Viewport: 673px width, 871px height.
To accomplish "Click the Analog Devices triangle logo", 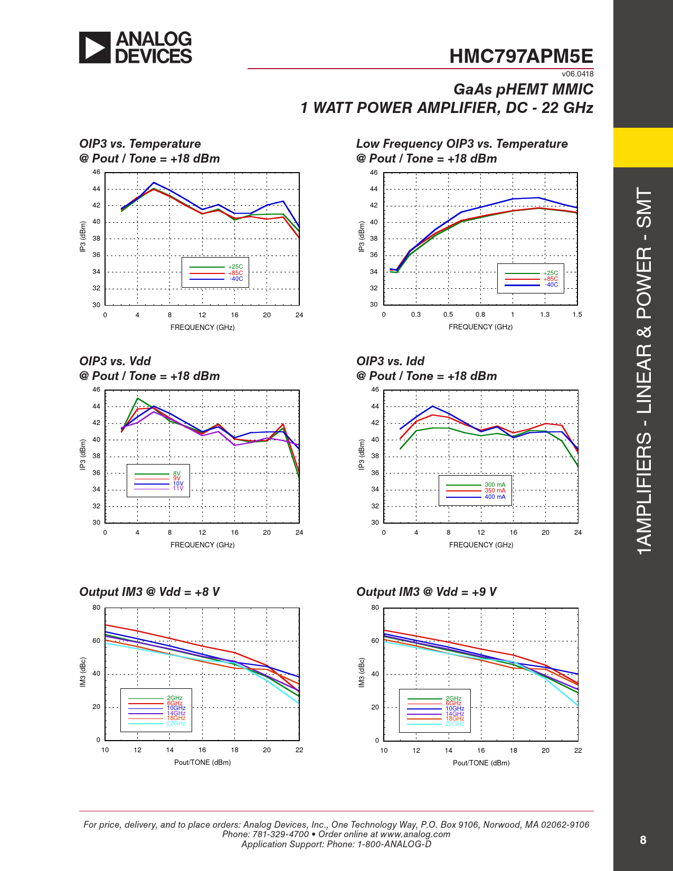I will click(95, 48).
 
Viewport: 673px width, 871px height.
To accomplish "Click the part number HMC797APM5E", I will click(521, 56).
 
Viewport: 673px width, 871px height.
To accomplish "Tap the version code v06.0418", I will click(577, 74).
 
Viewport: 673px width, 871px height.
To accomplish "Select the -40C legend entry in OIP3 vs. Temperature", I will click(236, 279).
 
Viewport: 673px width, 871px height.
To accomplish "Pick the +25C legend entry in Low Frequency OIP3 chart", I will click(551, 273).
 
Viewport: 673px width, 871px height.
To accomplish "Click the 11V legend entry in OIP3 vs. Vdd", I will click(178, 488).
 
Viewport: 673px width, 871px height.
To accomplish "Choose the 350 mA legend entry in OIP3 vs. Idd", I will click(495, 490).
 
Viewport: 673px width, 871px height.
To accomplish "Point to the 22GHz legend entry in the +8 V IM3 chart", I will click(176, 723).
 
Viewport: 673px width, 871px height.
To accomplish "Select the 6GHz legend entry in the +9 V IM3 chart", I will click(453, 703).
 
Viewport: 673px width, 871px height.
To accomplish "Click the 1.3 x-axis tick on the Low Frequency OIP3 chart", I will click(545, 315).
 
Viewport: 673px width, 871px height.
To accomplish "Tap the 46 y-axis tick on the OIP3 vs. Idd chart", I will click(375, 390).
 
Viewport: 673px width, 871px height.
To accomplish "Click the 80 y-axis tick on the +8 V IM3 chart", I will click(96, 608).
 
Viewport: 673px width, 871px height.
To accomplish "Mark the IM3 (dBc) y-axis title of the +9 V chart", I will click(362, 673).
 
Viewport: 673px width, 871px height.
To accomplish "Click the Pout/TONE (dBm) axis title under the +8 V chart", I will click(202, 762).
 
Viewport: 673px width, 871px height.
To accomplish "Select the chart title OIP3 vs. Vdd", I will click(115, 361).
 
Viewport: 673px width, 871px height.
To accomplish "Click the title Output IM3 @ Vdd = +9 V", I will click(426, 592).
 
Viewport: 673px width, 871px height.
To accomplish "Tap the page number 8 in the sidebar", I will click(642, 840).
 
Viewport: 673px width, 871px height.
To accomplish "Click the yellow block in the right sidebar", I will click(643, 147).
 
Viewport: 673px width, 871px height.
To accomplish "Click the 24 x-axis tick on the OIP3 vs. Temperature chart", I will click(299, 315).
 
